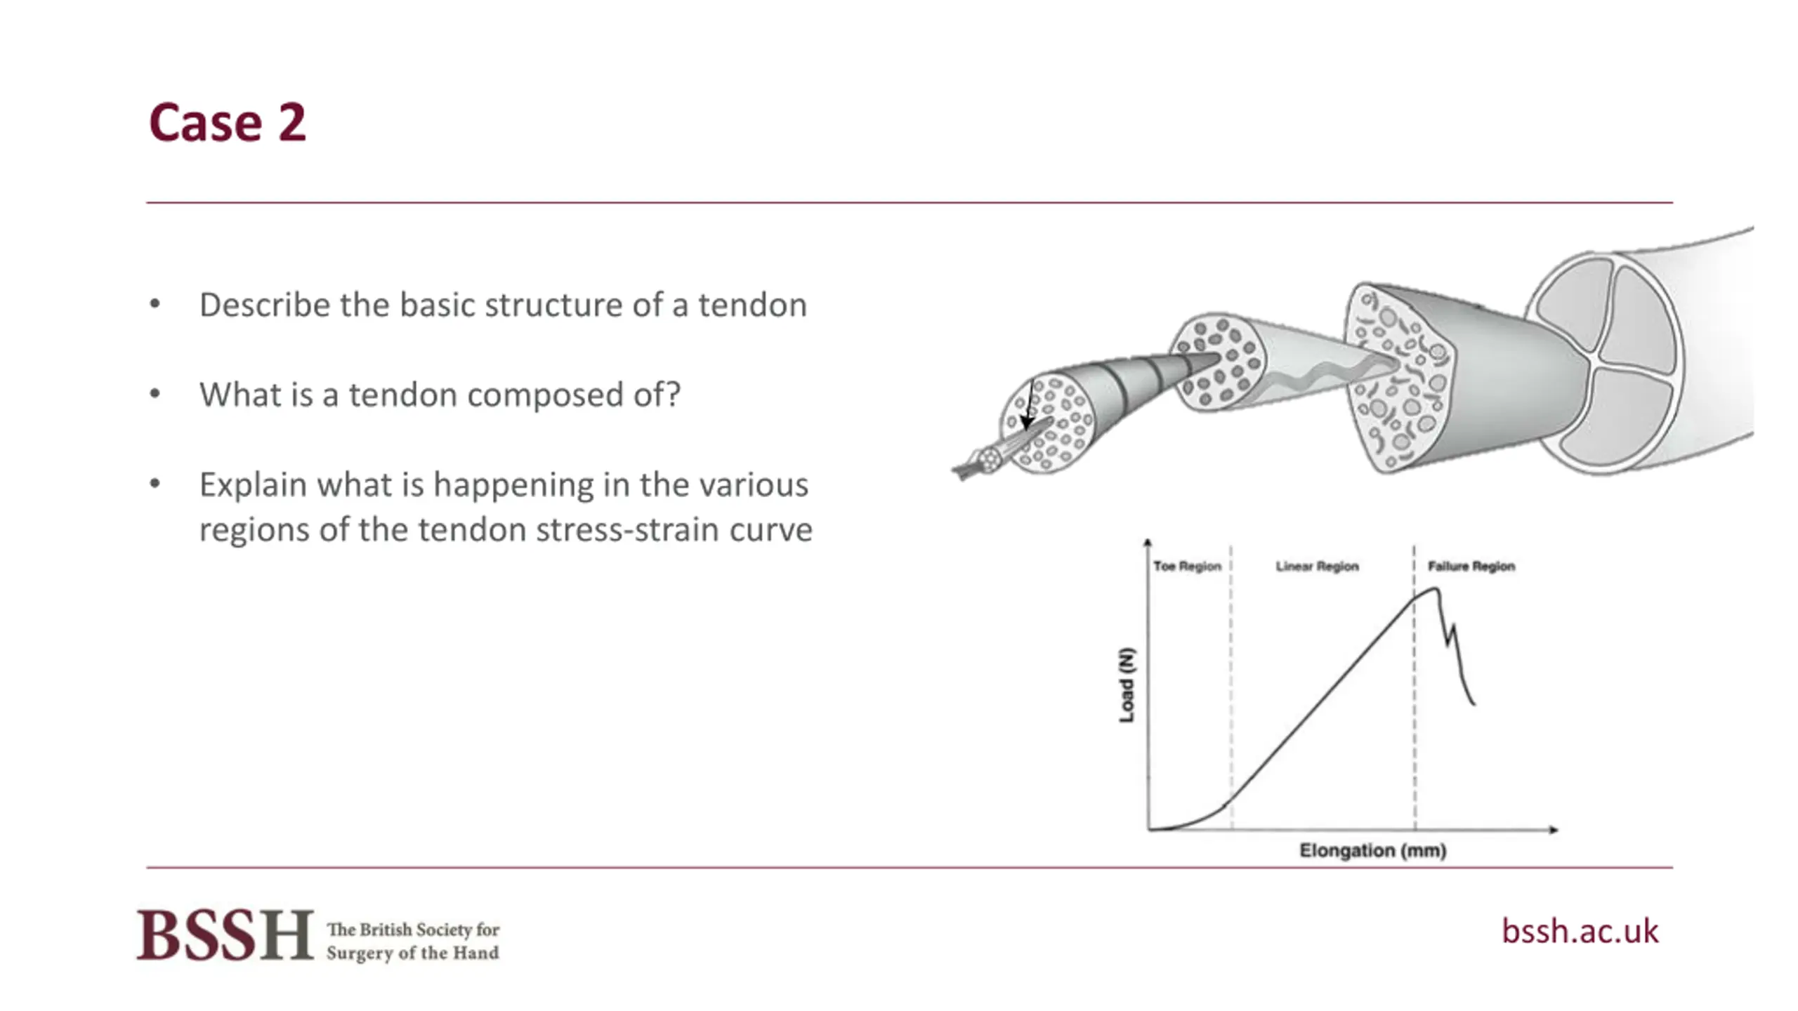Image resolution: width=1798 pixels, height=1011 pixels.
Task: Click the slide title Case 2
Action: (x=228, y=123)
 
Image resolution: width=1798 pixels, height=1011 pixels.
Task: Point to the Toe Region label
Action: (x=1188, y=566)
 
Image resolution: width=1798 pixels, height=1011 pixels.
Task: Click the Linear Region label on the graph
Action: (x=1318, y=566)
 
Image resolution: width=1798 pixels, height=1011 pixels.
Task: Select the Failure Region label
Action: (x=1471, y=566)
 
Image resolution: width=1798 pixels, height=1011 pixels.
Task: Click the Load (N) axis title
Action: (x=1127, y=685)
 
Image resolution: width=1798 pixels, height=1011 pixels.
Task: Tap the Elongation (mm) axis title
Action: (x=1372, y=850)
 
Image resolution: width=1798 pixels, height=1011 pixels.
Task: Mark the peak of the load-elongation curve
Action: (x=1434, y=589)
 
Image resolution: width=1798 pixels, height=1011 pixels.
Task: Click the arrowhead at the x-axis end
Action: (x=1554, y=830)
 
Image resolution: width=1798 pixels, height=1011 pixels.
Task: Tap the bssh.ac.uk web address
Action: (x=1580, y=931)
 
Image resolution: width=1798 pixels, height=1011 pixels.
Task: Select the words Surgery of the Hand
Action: (x=413, y=953)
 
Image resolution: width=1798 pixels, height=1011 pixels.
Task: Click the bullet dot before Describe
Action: (x=155, y=305)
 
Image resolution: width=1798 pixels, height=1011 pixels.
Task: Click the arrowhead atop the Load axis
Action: (x=1148, y=542)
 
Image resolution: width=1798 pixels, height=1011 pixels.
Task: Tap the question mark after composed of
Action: (x=673, y=394)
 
